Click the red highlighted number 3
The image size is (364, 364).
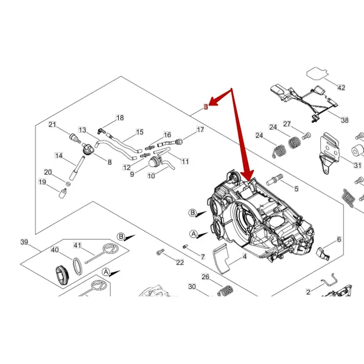click(206, 107)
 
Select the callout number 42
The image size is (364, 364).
click(341, 88)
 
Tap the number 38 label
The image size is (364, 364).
click(345, 120)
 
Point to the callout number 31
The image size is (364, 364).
click(357, 165)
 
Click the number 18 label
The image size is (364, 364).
click(120, 118)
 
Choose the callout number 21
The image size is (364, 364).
click(52, 124)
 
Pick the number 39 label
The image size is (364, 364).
click(24, 242)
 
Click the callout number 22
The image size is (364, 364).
click(180, 263)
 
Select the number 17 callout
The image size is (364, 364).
click(200, 130)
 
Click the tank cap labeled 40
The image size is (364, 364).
click(61, 274)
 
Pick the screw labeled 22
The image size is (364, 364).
click(160, 252)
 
